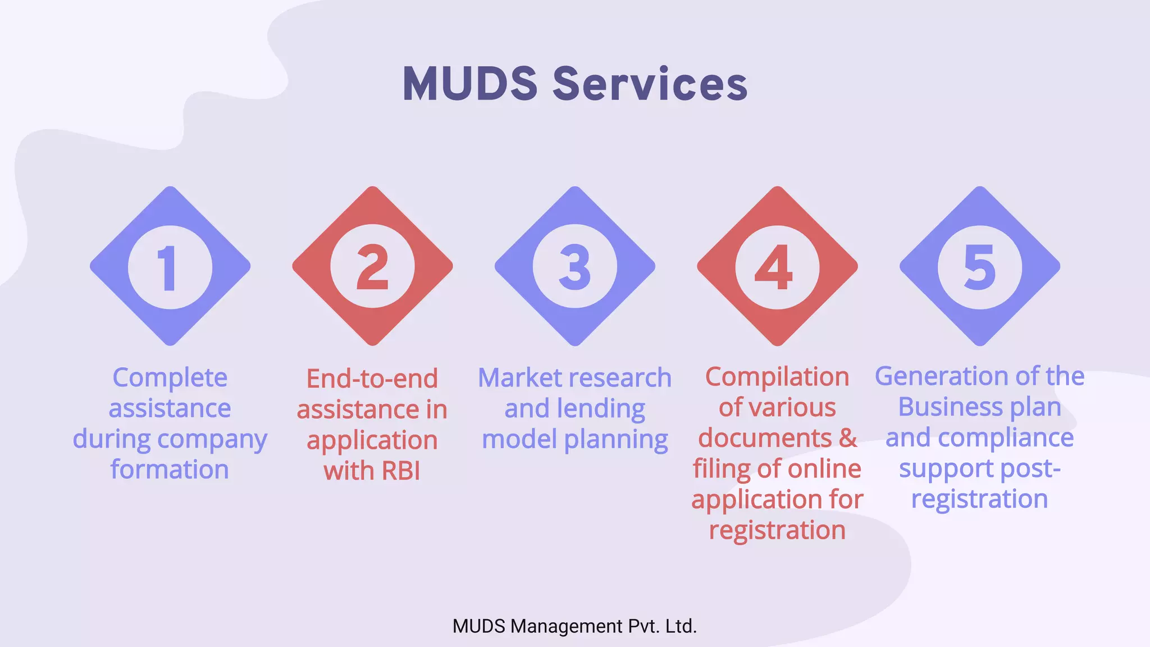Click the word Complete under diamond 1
170,378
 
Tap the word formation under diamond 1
170,470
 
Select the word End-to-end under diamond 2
372,379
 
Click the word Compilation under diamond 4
777,377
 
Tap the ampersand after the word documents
848,438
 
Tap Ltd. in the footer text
681,626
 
